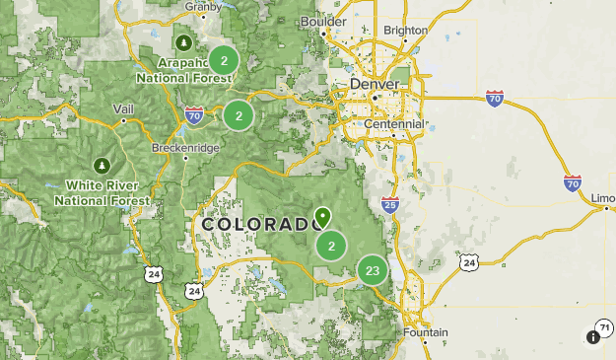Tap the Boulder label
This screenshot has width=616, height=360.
click(x=323, y=21)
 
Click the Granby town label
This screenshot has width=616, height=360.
click(x=202, y=5)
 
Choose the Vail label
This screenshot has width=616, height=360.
click(x=123, y=108)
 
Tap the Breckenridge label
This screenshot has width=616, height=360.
click(x=185, y=148)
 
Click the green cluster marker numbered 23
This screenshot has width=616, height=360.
click(x=373, y=270)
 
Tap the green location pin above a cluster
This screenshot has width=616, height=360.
click(x=322, y=216)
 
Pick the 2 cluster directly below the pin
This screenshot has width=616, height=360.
click(x=332, y=247)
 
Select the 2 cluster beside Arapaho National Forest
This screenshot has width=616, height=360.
click(x=225, y=61)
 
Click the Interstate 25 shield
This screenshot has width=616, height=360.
click(x=390, y=205)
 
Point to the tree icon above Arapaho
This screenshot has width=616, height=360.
click(x=184, y=42)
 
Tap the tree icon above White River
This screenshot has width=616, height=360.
click(x=100, y=164)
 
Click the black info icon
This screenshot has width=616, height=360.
click(x=592, y=337)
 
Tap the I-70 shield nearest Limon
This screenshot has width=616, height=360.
click(x=573, y=182)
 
